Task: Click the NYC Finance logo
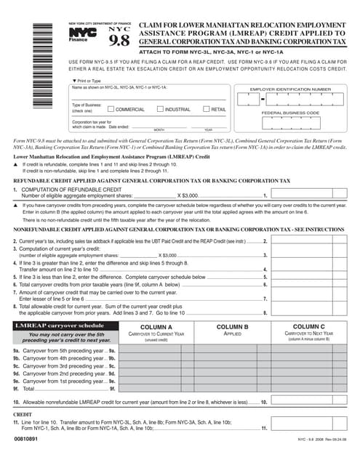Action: click(81, 33)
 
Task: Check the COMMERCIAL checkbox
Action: click(111, 109)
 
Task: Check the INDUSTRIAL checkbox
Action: click(161, 109)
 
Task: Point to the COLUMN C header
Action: click(308, 328)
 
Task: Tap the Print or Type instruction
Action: click(88, 81)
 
